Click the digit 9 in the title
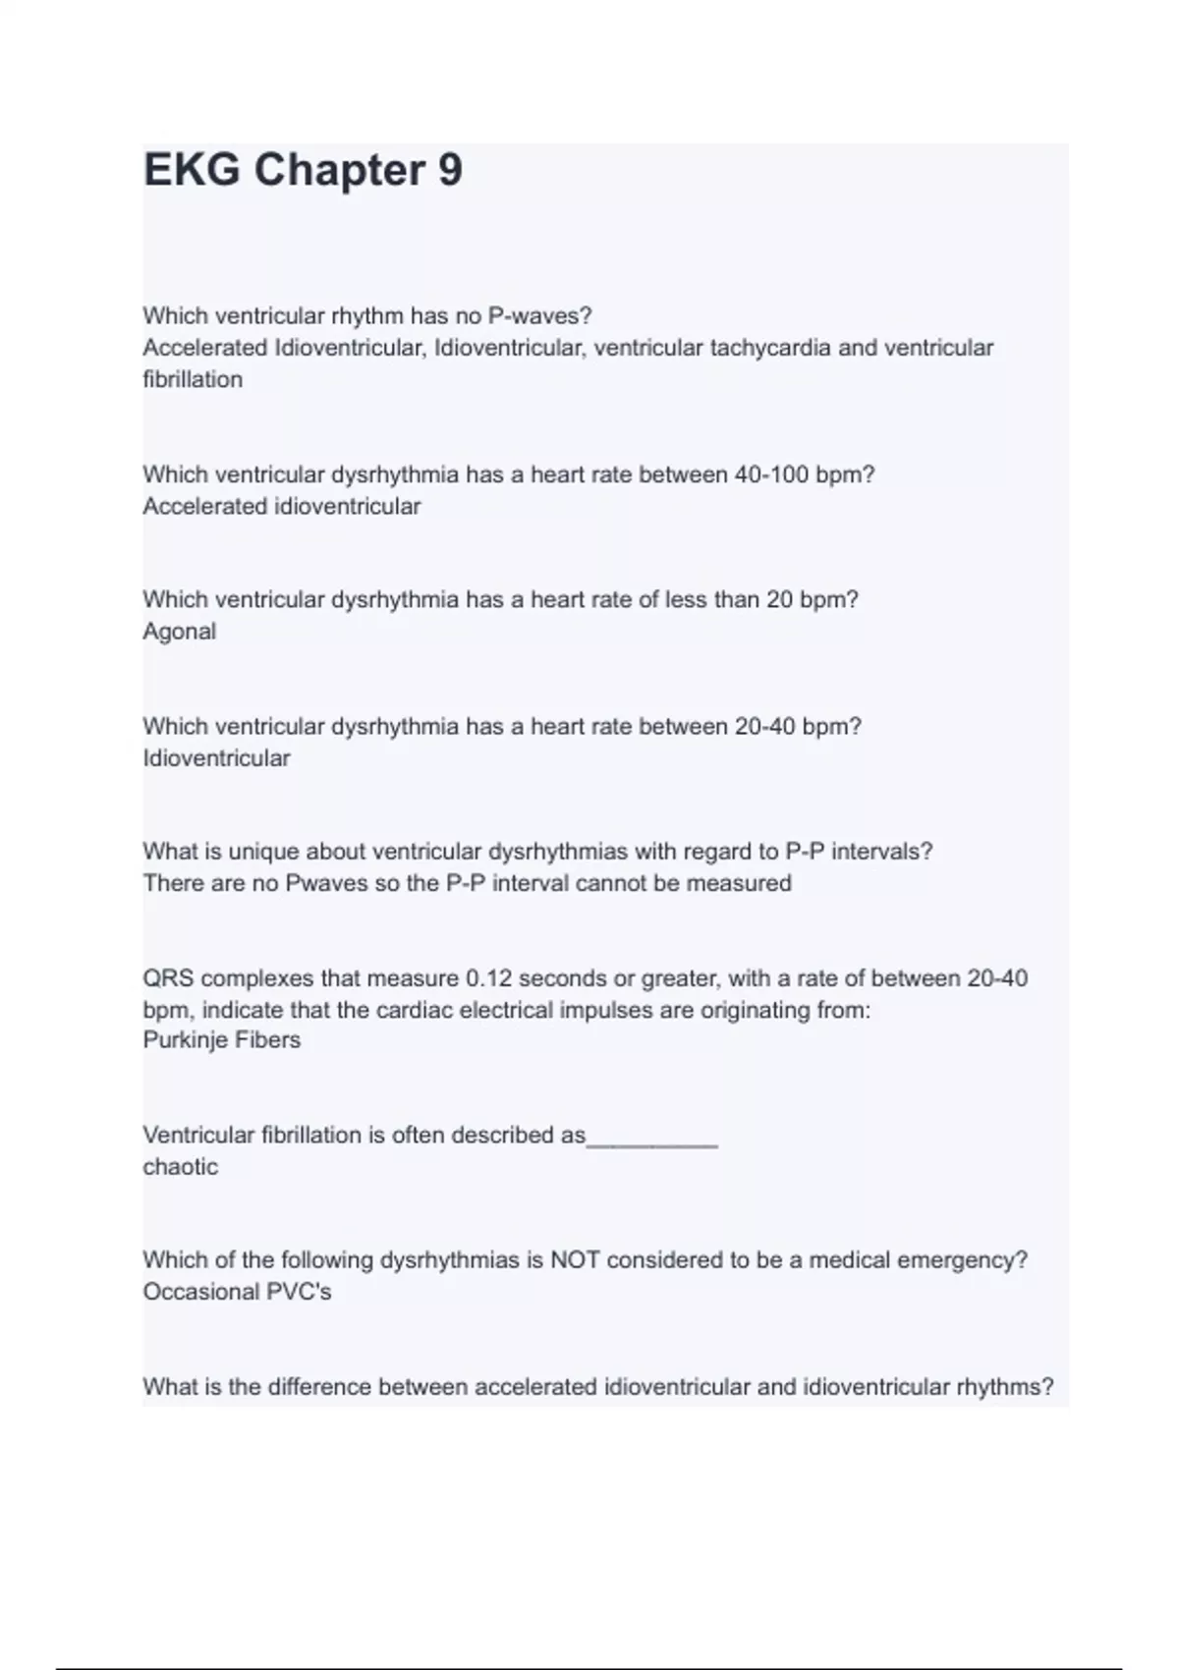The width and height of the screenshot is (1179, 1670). [x=449, y=170]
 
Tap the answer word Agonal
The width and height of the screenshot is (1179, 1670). [x=179, y=632]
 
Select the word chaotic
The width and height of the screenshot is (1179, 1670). [x=180, y=1166]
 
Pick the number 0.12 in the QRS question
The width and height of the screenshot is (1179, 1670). [x=488, y=978]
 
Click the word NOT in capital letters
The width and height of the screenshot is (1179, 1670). [x=575, y=1259]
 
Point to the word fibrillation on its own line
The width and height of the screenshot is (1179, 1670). [x=193, y=379]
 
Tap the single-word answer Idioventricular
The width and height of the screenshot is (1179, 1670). [x=216, y=758]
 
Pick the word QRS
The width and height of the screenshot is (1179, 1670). [x=168, y=978]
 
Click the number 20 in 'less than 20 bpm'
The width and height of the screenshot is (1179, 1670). [x=779, y=599]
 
